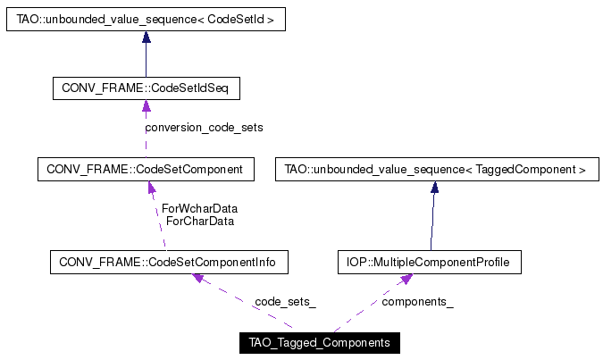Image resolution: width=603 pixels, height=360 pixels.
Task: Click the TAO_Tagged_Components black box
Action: click(320, 343)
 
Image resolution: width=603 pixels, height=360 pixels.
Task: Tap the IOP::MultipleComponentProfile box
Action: click(429, 262)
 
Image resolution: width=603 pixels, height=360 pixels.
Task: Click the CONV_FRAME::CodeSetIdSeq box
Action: click(147, 89)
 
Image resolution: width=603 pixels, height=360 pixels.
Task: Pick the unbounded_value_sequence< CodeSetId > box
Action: click(146, 19)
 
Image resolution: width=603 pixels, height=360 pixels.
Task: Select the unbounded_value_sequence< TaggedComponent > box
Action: click(435, 169)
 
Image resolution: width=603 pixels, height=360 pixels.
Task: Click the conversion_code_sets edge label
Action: click(205, 128)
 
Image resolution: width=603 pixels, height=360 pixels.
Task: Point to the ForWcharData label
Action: click(199, 208)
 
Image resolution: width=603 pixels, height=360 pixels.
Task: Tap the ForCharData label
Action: click(199, 221)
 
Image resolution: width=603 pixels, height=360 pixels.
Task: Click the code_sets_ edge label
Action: click(284, 302)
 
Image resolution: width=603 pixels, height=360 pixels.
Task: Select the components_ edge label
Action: click(417, 302)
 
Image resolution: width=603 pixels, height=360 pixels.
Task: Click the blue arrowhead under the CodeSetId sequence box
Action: click(146, 38)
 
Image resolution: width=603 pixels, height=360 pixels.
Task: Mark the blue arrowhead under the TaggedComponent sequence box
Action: click(434, 188)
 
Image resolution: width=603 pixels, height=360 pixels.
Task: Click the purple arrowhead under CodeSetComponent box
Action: click(151, 188)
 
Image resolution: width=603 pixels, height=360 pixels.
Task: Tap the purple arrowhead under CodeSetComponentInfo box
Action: click(200, 279)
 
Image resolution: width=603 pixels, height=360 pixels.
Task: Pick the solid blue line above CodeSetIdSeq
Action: click(146, 61)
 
